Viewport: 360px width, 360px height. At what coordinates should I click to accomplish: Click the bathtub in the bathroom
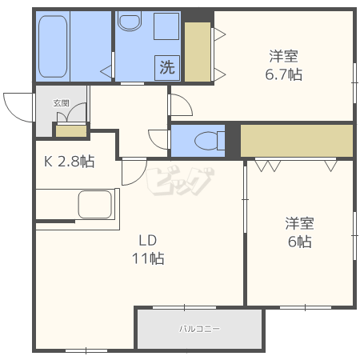click(53, 46)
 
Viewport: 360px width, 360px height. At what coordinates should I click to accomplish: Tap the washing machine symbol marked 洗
click(167, 67)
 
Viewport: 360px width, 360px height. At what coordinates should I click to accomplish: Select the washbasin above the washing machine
click(166, 26)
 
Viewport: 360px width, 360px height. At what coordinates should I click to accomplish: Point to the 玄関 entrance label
click(62, 103)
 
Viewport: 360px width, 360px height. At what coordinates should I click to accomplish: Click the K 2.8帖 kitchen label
click(69, 161)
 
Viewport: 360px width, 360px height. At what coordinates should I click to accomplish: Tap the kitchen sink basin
click(94, 204)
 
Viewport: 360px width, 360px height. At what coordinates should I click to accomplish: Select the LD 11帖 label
click(148, 250)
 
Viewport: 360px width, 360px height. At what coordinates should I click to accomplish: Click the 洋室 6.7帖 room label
click(283, 65)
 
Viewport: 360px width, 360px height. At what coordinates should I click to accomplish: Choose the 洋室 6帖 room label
click(299, 232)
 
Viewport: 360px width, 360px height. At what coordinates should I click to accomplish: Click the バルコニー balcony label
click(199, 329)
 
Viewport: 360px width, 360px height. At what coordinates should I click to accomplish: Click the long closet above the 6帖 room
click(297, 141)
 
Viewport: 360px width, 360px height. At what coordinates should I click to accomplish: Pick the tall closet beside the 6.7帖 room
click(198, 52)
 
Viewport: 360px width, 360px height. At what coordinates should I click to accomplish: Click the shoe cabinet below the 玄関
click(71, 131)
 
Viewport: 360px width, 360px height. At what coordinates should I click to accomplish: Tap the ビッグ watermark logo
click(180, 180)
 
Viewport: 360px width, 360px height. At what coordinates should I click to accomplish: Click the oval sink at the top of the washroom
click(130, 22)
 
